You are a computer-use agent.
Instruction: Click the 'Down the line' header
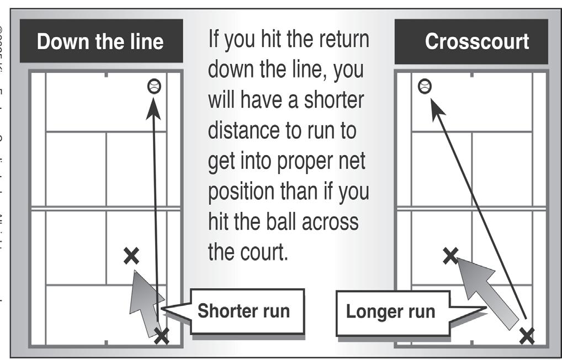coord(100,42)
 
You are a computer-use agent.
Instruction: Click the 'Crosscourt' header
coord(476,41)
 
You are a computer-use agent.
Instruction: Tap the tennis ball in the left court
coord(154,86)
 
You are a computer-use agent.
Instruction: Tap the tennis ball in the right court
coord(424,86)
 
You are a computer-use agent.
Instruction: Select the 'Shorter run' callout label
coord(243,311)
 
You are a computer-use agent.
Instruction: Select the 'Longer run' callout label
coord(390,311)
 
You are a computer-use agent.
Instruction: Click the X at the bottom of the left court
coord(161,335)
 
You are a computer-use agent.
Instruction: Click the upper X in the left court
coord(131,256)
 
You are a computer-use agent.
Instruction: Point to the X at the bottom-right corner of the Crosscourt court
coord(527,335)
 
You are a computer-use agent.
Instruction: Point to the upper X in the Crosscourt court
coord(450,255)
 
